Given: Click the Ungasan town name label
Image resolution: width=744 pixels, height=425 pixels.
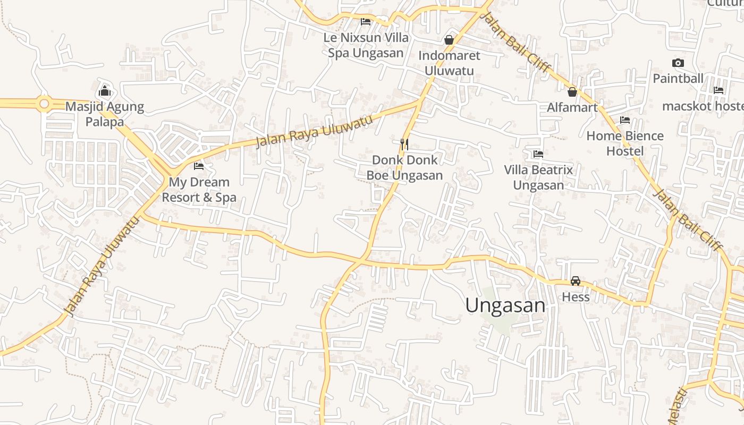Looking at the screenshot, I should pyautogui.click(x=505, y=305).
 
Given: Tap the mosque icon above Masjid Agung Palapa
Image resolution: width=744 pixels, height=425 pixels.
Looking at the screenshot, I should pyautogui.click(x=105, y=91).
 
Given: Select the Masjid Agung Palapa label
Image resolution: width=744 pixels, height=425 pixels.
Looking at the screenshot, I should pyautogui.click(x=105, y=114).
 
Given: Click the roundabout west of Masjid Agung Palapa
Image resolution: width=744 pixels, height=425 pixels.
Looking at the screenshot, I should pyautogui.click(x=44, y=104).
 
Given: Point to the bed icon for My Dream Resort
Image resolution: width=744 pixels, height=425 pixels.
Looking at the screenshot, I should pyautogui.click(x=199, y=166).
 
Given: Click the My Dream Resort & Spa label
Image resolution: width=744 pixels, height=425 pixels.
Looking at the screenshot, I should pyautogui.click(x=199, y=190).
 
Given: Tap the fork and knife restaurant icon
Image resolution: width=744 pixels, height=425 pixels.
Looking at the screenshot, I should pyautogui.click(x=404, y=143).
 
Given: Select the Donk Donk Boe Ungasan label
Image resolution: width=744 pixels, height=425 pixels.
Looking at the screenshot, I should pyautogui.click(x=404, y=167).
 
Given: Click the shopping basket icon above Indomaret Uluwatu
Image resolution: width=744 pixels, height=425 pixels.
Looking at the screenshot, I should pyautogui.click(x=449, y=40).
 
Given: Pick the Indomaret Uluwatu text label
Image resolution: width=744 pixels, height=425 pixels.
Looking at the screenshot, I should pyautogui.click(x=449, y=63).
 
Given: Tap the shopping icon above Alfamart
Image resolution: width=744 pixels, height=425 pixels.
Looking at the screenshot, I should pyautogui.click(x=572, y=92).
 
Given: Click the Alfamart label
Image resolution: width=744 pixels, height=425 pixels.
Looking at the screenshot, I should pyautogui.click(x=572, y=108).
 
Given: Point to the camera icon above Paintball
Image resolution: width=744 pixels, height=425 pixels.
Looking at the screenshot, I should pyautogui.click(x=678, y=63).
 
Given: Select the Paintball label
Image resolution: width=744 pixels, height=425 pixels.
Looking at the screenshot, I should pyautogui.click(x=678, y=79).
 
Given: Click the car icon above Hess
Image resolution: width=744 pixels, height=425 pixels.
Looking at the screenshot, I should pyautogui.click(x=576, y=280).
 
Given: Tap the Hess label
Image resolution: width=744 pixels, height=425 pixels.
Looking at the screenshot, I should pyautogui.click(x=576, y=296).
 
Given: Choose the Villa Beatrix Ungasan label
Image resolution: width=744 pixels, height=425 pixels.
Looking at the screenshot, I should pyautogui.click(x=538, y=177).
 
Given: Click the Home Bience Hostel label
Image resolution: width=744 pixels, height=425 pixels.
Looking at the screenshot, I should pyautogui.click(x=625, y=143).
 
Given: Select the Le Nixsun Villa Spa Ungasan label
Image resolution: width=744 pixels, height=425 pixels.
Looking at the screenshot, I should pyautogui.click(x=366, y=45).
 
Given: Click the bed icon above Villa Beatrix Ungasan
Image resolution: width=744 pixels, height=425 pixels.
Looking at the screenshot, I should pyautogui.click(x=538, y=154).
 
